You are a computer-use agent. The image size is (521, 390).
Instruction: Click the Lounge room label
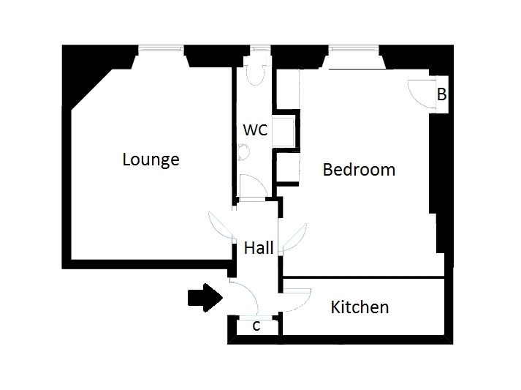tap(151, 160)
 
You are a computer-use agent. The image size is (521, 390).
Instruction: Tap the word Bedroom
tap(359, 169)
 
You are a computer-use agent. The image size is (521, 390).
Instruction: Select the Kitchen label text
tap(360, 307)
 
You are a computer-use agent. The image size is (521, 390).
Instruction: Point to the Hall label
tap(259, 247)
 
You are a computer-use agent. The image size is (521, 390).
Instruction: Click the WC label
tap(255, 130)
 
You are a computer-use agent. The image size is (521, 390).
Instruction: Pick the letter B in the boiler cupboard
tap(441, 94)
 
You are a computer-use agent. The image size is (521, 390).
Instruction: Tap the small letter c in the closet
tap(256, 326)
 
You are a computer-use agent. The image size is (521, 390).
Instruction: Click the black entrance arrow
tap(205, 298)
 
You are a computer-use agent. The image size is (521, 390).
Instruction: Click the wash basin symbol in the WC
tap(243, 152)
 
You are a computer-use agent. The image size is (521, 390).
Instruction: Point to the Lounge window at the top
tap(161, 49)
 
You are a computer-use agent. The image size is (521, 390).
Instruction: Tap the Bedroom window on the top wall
tap(354, 49)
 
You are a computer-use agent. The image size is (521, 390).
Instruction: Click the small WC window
tap(260, 49)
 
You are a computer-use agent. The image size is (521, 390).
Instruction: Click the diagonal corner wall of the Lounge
tap(92, 89)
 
